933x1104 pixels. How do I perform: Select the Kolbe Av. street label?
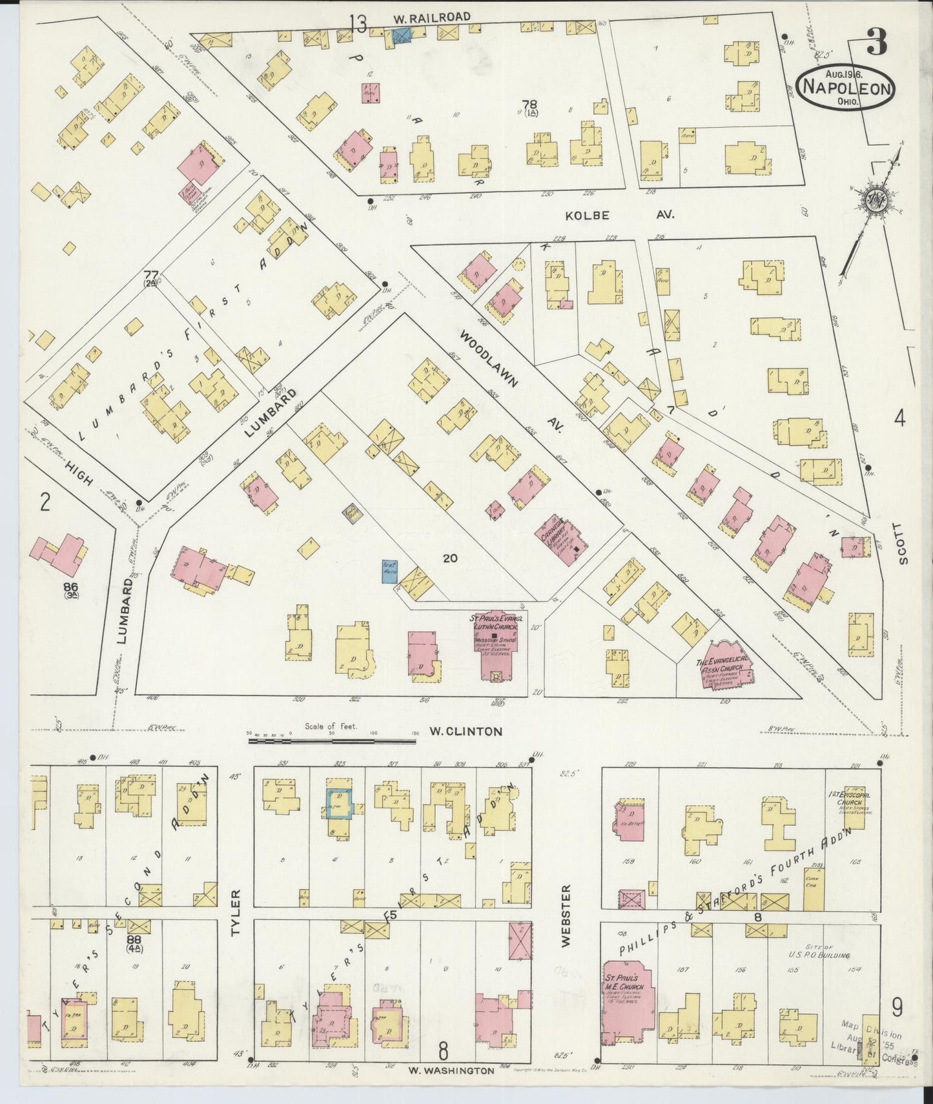619,216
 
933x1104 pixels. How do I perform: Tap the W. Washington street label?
451,1070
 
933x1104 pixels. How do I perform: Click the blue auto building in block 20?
389,572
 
